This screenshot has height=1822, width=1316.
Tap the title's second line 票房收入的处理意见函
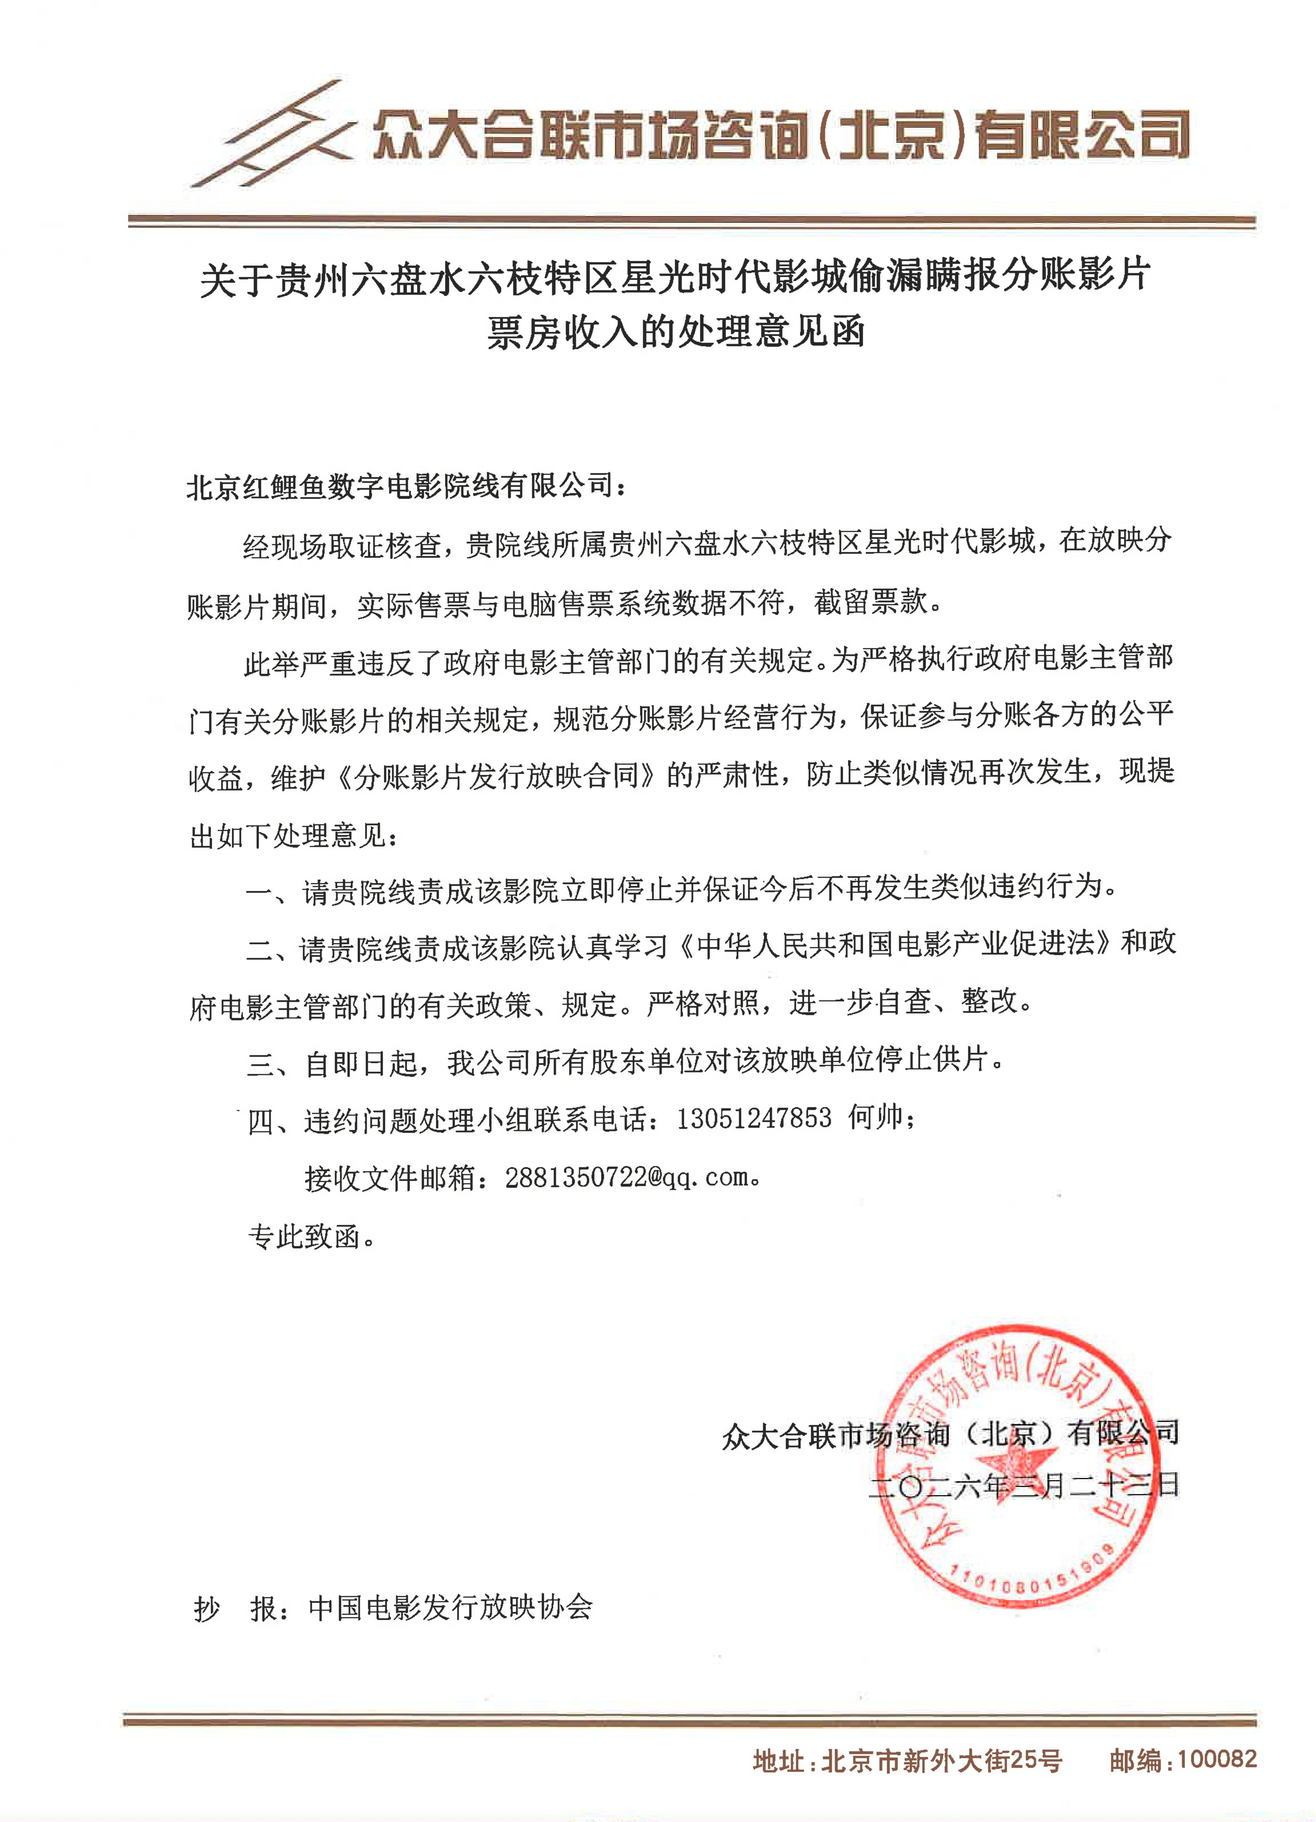[676, 333]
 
